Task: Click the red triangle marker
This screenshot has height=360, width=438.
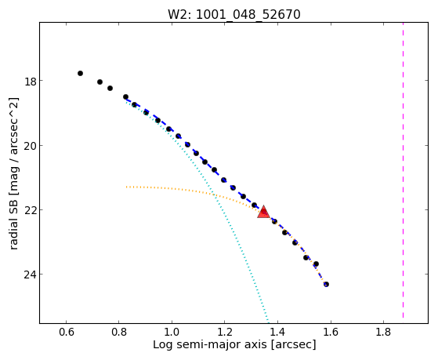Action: click(x=263, y=213)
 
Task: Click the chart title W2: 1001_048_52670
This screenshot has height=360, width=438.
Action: click(x=234, y=14)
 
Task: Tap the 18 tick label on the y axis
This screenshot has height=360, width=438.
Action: click(x=31, y=82)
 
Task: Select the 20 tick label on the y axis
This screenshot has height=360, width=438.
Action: click(x=31, y=146)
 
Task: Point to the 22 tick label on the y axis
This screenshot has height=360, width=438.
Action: click(x=31, y=210)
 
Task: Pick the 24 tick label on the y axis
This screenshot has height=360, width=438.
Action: click(x=31, y=275)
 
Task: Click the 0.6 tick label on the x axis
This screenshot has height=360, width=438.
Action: click(x=66, y=332)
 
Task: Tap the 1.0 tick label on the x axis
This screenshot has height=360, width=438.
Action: click(x=172, y=332)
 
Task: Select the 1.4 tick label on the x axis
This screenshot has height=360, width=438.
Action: click(x=277, y=332)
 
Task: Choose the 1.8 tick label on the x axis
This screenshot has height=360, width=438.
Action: click(x=383, y=332)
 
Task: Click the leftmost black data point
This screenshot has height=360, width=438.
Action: click(x=80, y=73)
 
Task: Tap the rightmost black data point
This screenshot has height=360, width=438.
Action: click(x=326, y=284)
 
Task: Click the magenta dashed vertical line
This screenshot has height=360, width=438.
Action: click(x=403, y=170)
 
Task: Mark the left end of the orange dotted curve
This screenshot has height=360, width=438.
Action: click(x=126, y=187)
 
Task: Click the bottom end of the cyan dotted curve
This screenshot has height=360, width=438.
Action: click(x=268, y=322)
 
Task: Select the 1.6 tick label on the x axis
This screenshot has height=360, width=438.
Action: click(x=331, y=332)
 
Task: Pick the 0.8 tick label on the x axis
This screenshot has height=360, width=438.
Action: click(x=119, y=332)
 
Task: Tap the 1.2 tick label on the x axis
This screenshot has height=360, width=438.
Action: click(x=225, y=332)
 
